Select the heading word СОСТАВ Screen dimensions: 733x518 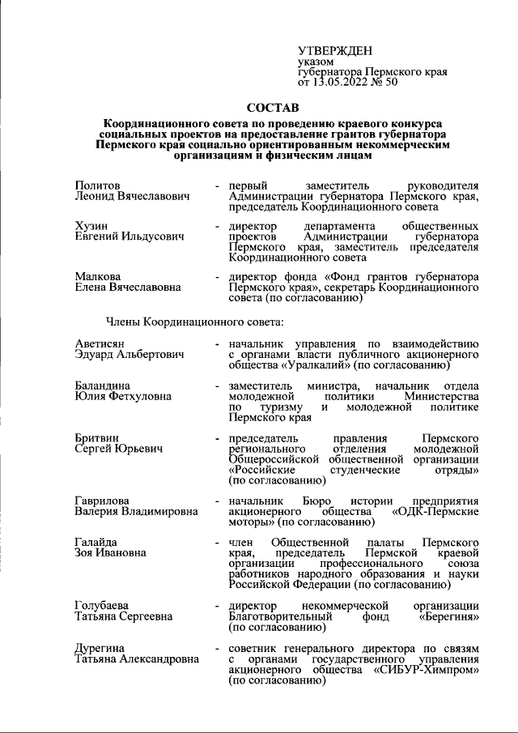[272, 107]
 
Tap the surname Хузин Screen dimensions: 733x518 [91, 225]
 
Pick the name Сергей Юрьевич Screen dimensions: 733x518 [119, 449]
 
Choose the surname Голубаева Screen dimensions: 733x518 [104, 605]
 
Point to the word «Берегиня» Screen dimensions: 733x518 [449, 616]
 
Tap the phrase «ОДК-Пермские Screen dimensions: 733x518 [435, 512]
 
